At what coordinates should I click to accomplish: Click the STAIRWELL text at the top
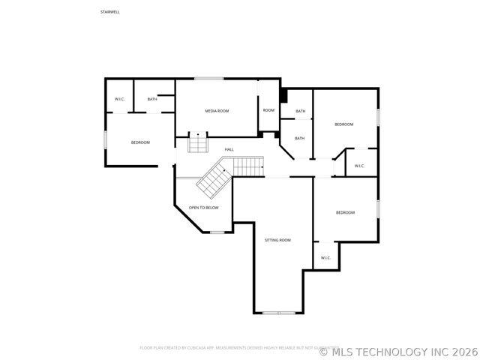point(109,12)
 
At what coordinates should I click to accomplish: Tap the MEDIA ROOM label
point(217,111)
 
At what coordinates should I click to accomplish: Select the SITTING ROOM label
point(277,240)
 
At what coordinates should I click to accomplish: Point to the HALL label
point(229,149)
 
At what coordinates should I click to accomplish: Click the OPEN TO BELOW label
point(203,208)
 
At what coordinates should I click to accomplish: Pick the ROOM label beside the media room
point(268,110)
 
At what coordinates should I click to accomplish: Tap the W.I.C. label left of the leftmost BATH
point(119,99)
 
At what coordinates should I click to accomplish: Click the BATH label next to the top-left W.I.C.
point(152,99)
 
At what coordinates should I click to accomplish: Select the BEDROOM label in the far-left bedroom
point(140,142)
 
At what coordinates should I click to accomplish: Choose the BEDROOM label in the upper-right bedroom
point(343,124)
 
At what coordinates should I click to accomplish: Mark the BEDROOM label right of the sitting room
point(345,213)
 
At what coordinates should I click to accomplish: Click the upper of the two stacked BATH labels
point(300,112)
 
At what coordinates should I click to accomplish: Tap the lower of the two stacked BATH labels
point(299,138)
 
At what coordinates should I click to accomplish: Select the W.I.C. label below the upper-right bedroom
point(359,166)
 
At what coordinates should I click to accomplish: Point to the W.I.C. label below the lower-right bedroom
point(325,258)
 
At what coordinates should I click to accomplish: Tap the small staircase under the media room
point(197,142)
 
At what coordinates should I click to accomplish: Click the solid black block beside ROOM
point(283,96)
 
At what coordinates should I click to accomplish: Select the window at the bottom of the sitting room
point(278,313)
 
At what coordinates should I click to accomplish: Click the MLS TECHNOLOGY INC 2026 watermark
point(398,350)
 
